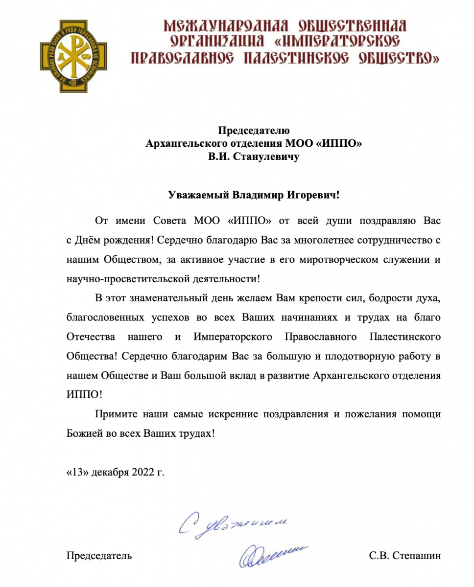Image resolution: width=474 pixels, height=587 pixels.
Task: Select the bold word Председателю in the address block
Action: tap(254, 131)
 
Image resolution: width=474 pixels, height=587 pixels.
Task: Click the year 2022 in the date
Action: tap(141, 472)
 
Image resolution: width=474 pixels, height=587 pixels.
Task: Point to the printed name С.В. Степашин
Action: tap(405, 556)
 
